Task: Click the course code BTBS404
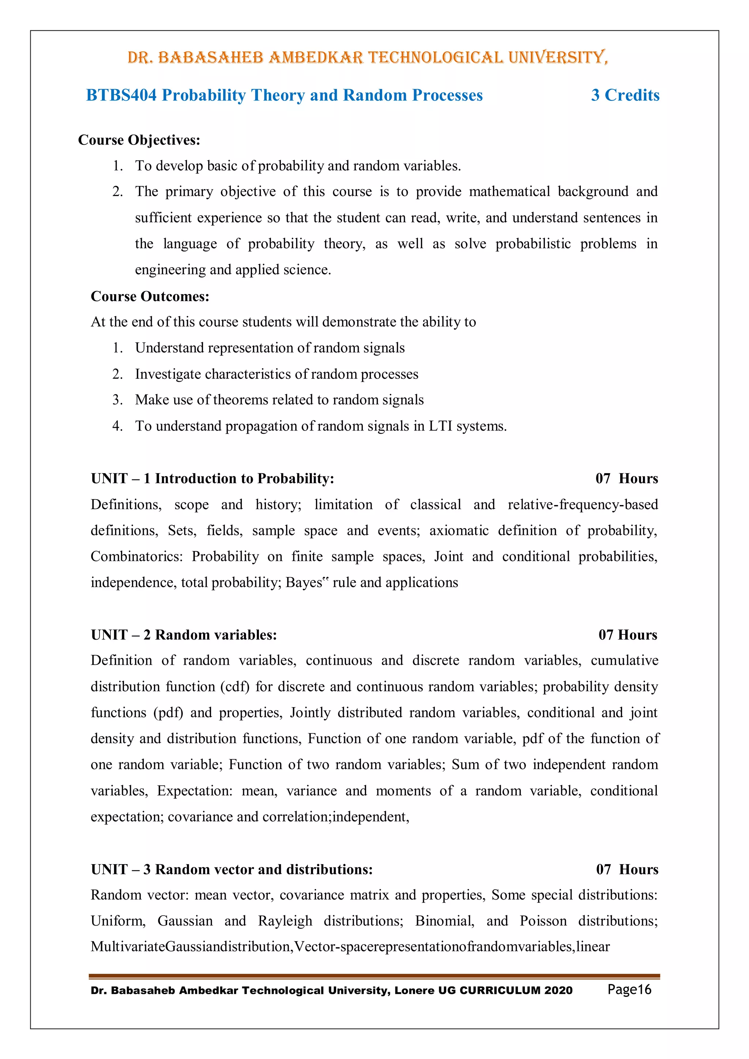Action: point(121,95)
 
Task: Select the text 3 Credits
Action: point(625,95)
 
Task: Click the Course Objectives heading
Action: point(139,140)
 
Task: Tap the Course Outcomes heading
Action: point(150,296)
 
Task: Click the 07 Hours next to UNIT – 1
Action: point(626,478)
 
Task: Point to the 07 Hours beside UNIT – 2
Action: point(628,635)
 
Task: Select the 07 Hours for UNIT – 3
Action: point(627,870)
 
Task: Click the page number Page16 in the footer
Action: point(629,990)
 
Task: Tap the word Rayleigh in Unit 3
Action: point(285,921)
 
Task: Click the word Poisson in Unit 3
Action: point(543,921)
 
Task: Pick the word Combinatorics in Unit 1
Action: point(136,557)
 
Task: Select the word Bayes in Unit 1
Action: point(304,583)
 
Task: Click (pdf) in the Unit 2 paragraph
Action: point(168,713)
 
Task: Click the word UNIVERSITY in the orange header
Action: point(557,58)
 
